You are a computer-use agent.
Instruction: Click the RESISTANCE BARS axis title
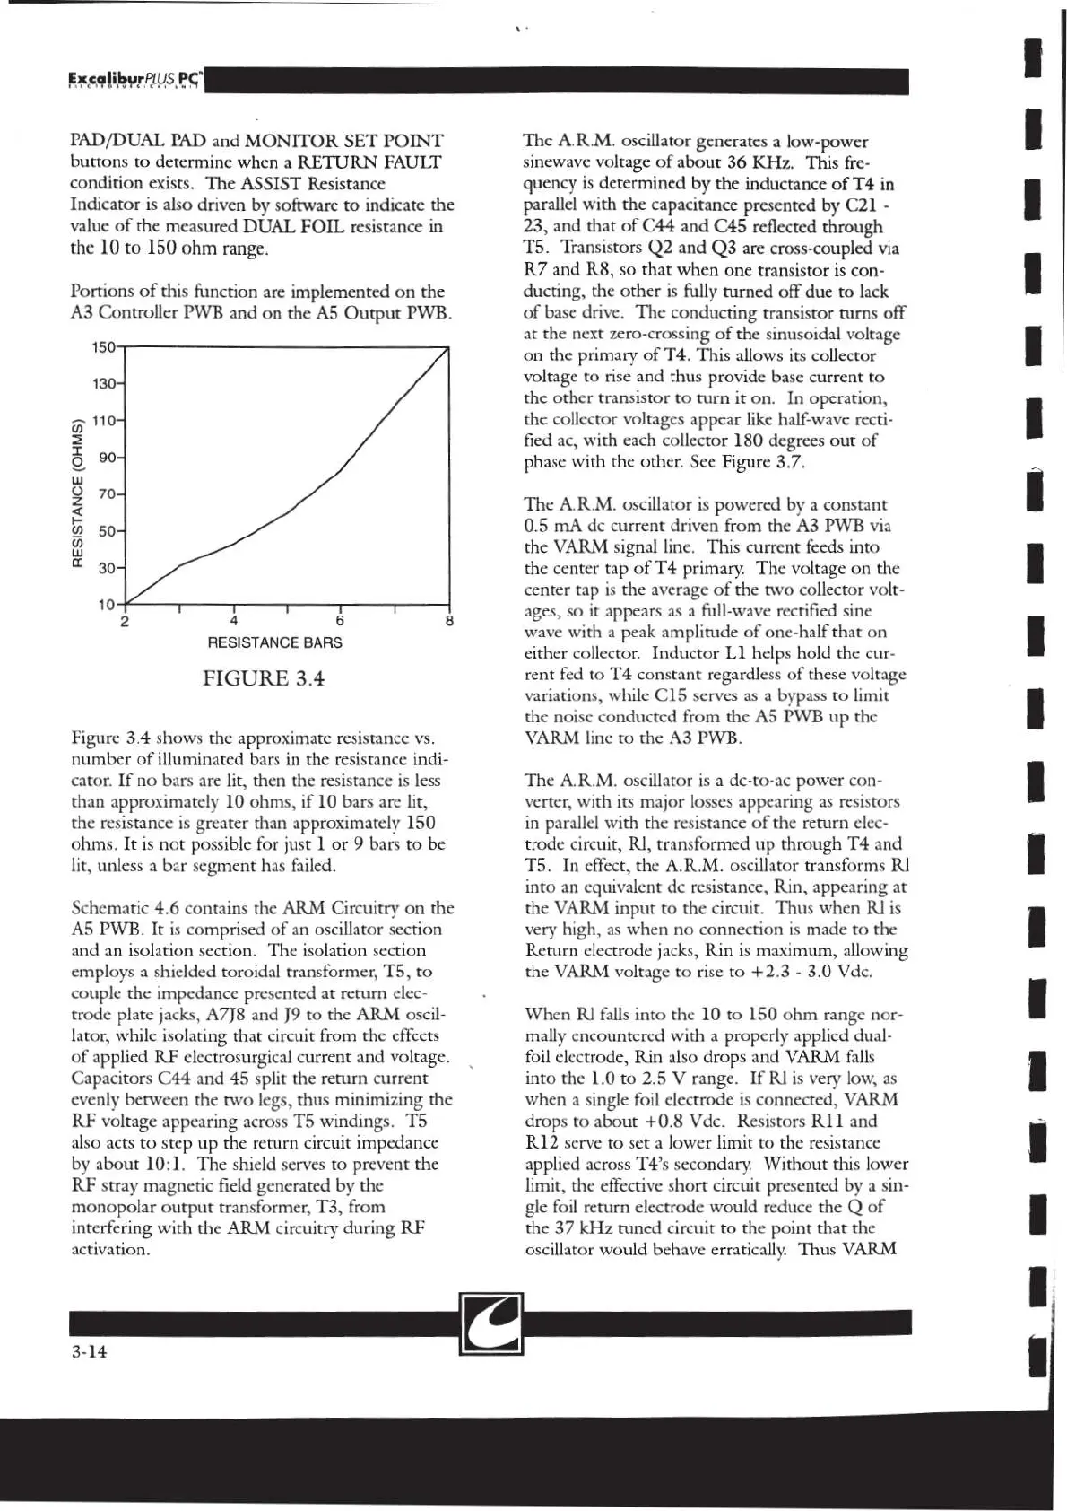click(274, 643)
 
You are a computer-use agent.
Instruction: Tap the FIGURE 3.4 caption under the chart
click(264, 678)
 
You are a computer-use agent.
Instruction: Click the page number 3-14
click(89, 1352)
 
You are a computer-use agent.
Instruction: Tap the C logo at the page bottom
click(490, 1323)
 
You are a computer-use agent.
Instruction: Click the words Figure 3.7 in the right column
click(769, 462)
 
